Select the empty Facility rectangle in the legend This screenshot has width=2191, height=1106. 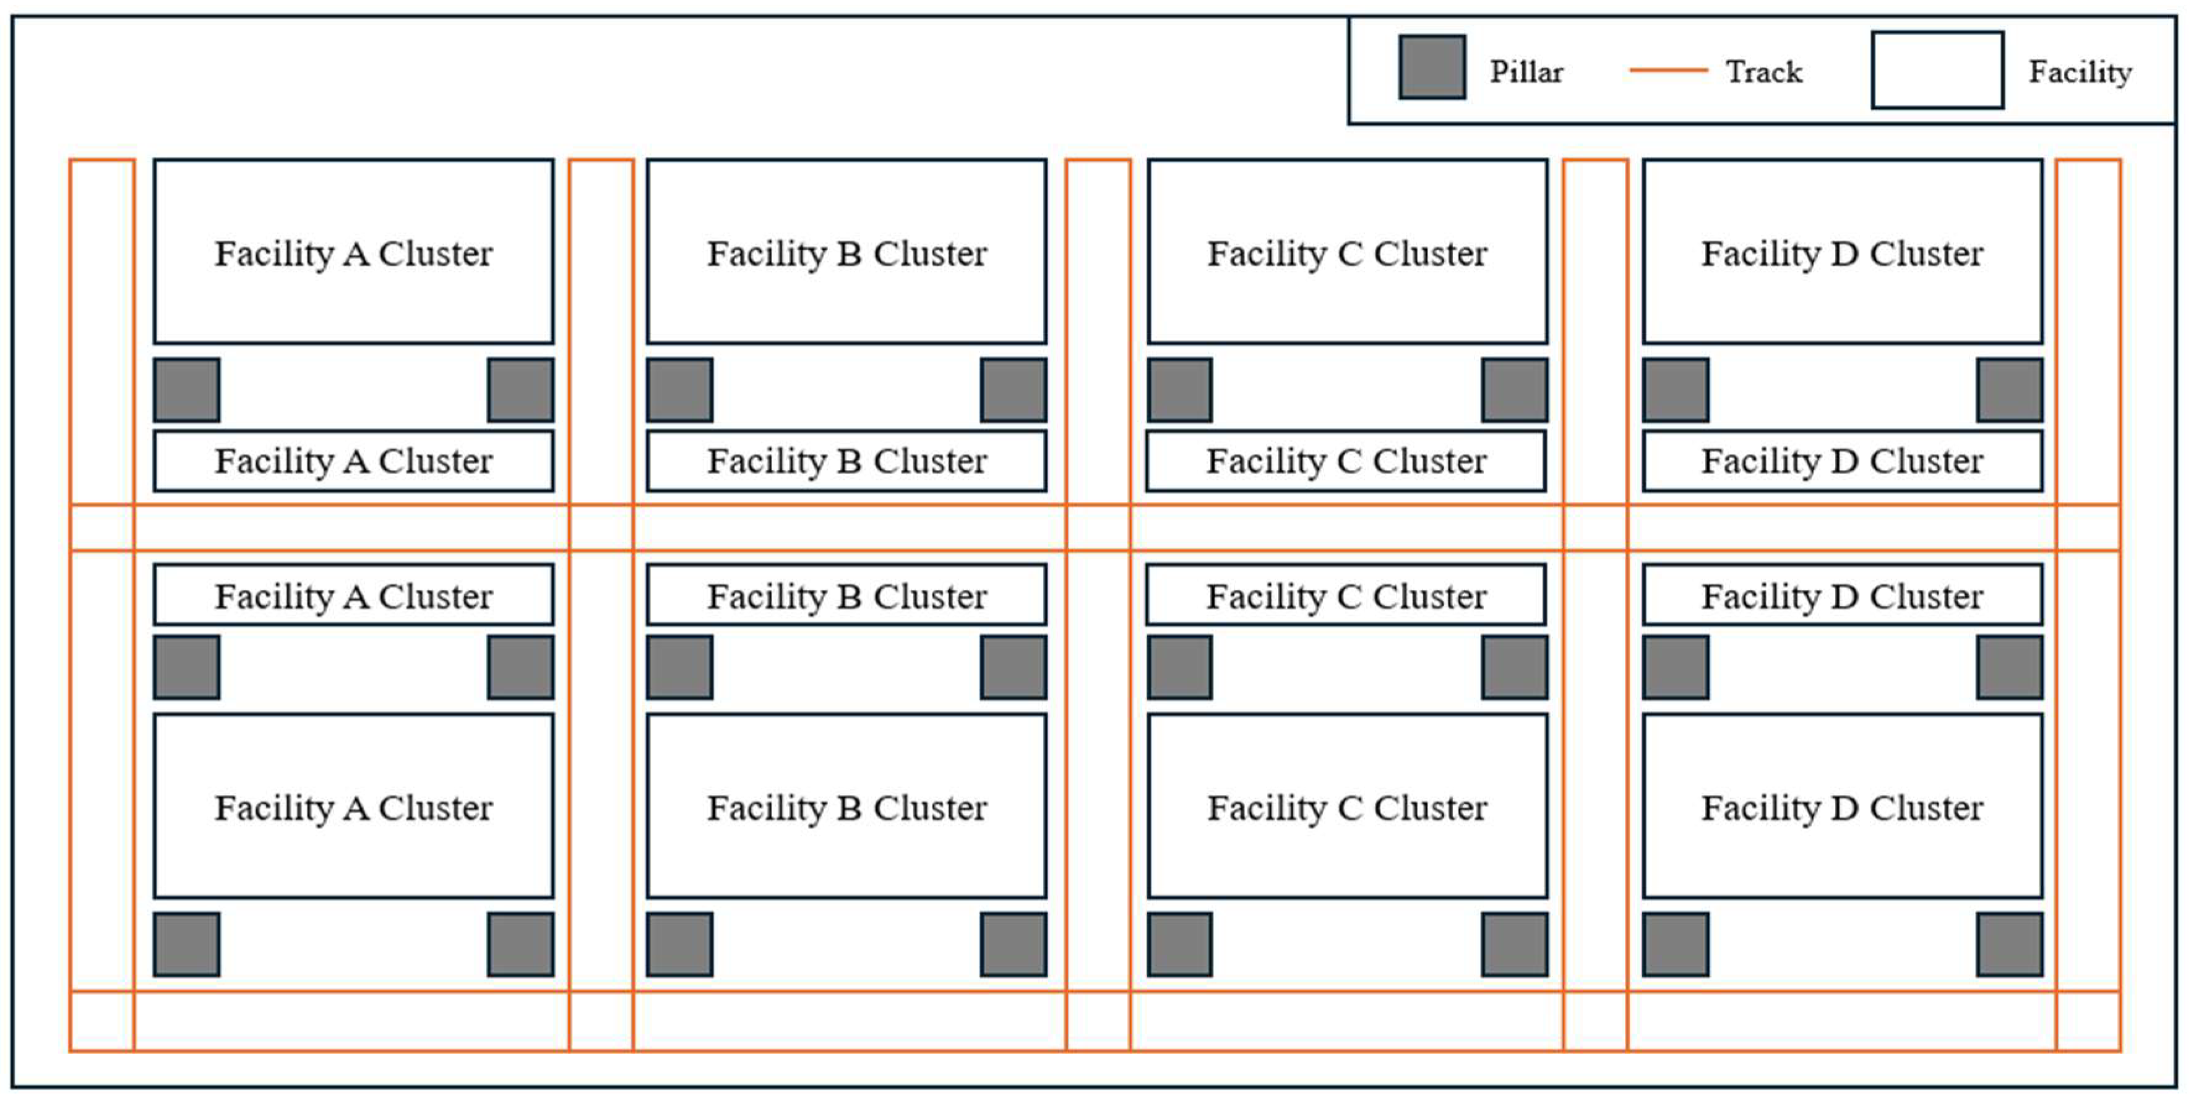[x=1937, y=70]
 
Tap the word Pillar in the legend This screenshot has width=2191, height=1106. [x=1526, y=72]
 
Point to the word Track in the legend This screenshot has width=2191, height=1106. [x=1763, y=72]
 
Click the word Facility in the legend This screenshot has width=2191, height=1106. [x=2080, y=72]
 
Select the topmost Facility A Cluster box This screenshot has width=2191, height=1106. [x=353, y=252]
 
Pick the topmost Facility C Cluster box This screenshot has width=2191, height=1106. [x=1346, y=252]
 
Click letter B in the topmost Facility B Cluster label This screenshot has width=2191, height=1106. [x=848, y=253]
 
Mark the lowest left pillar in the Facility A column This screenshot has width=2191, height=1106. [x=187, y=943]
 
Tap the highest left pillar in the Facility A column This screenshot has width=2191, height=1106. [x=187, y=390]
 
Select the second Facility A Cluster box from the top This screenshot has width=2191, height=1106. [x=353, y=461]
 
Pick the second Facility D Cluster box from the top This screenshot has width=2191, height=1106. [x=1841, y=461]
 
